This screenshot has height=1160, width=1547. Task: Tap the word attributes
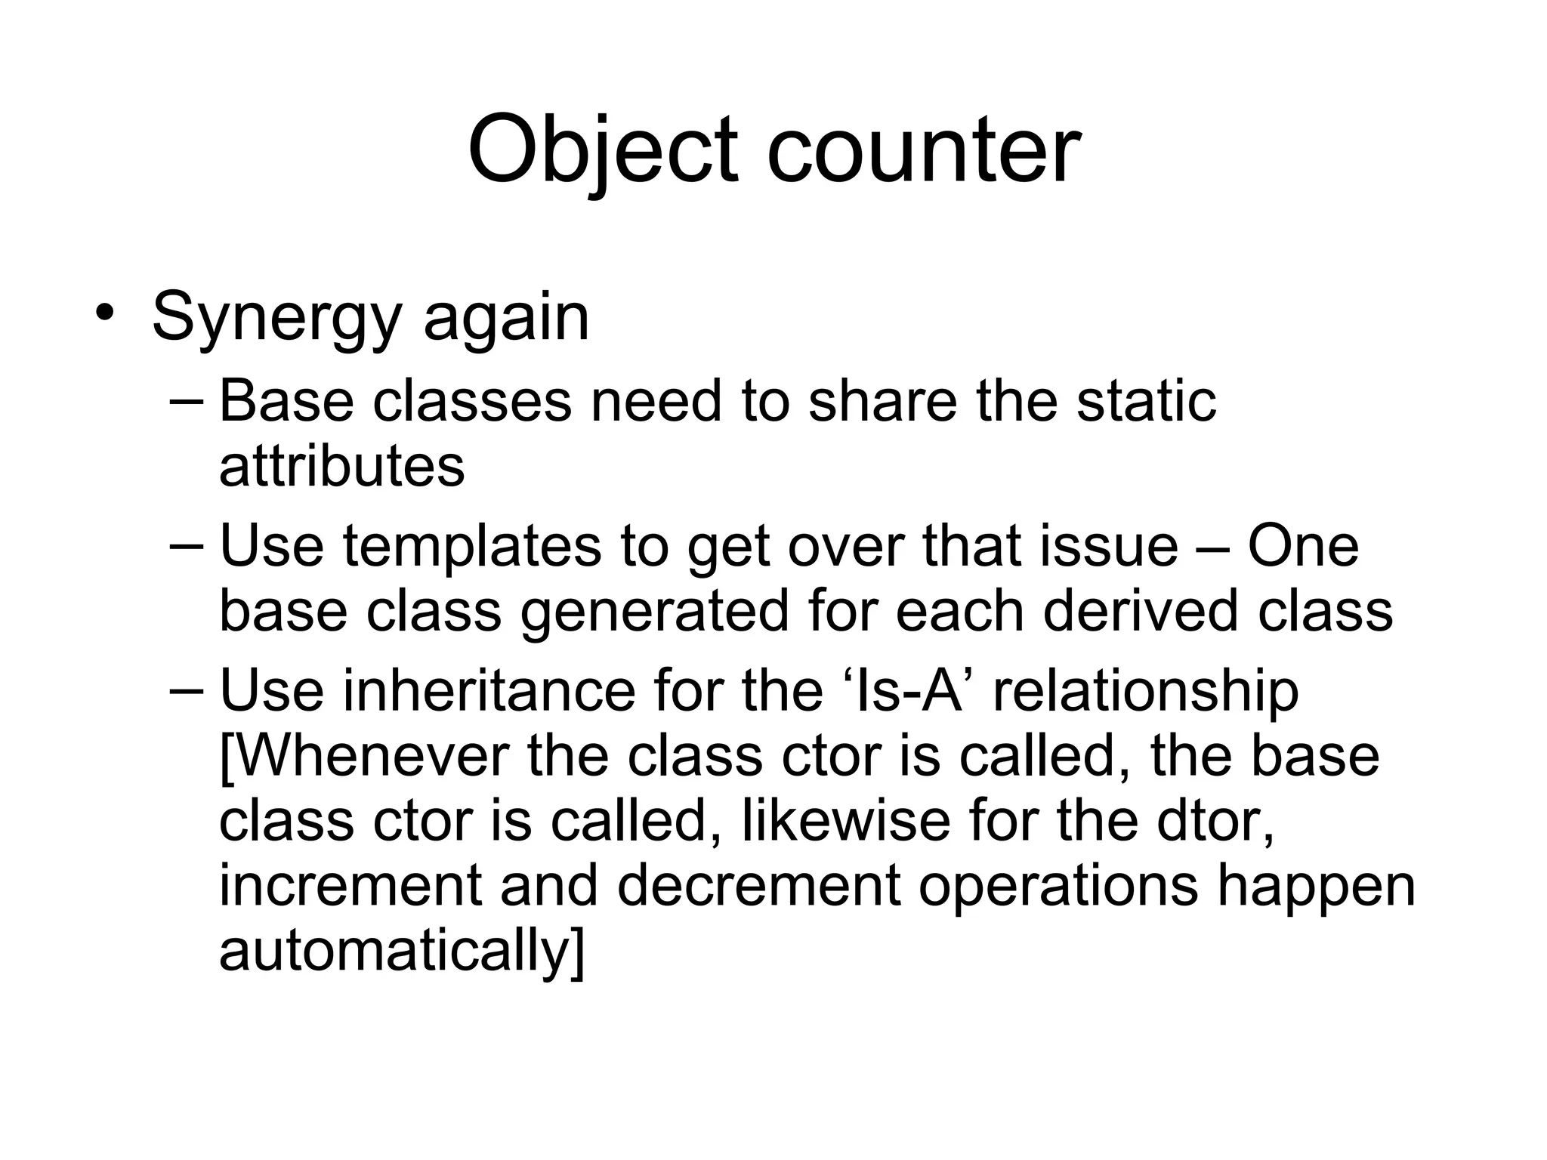tap(341, 466)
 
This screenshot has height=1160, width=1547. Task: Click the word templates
tap(472, 545)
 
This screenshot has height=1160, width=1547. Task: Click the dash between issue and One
tap(1212, 545)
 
